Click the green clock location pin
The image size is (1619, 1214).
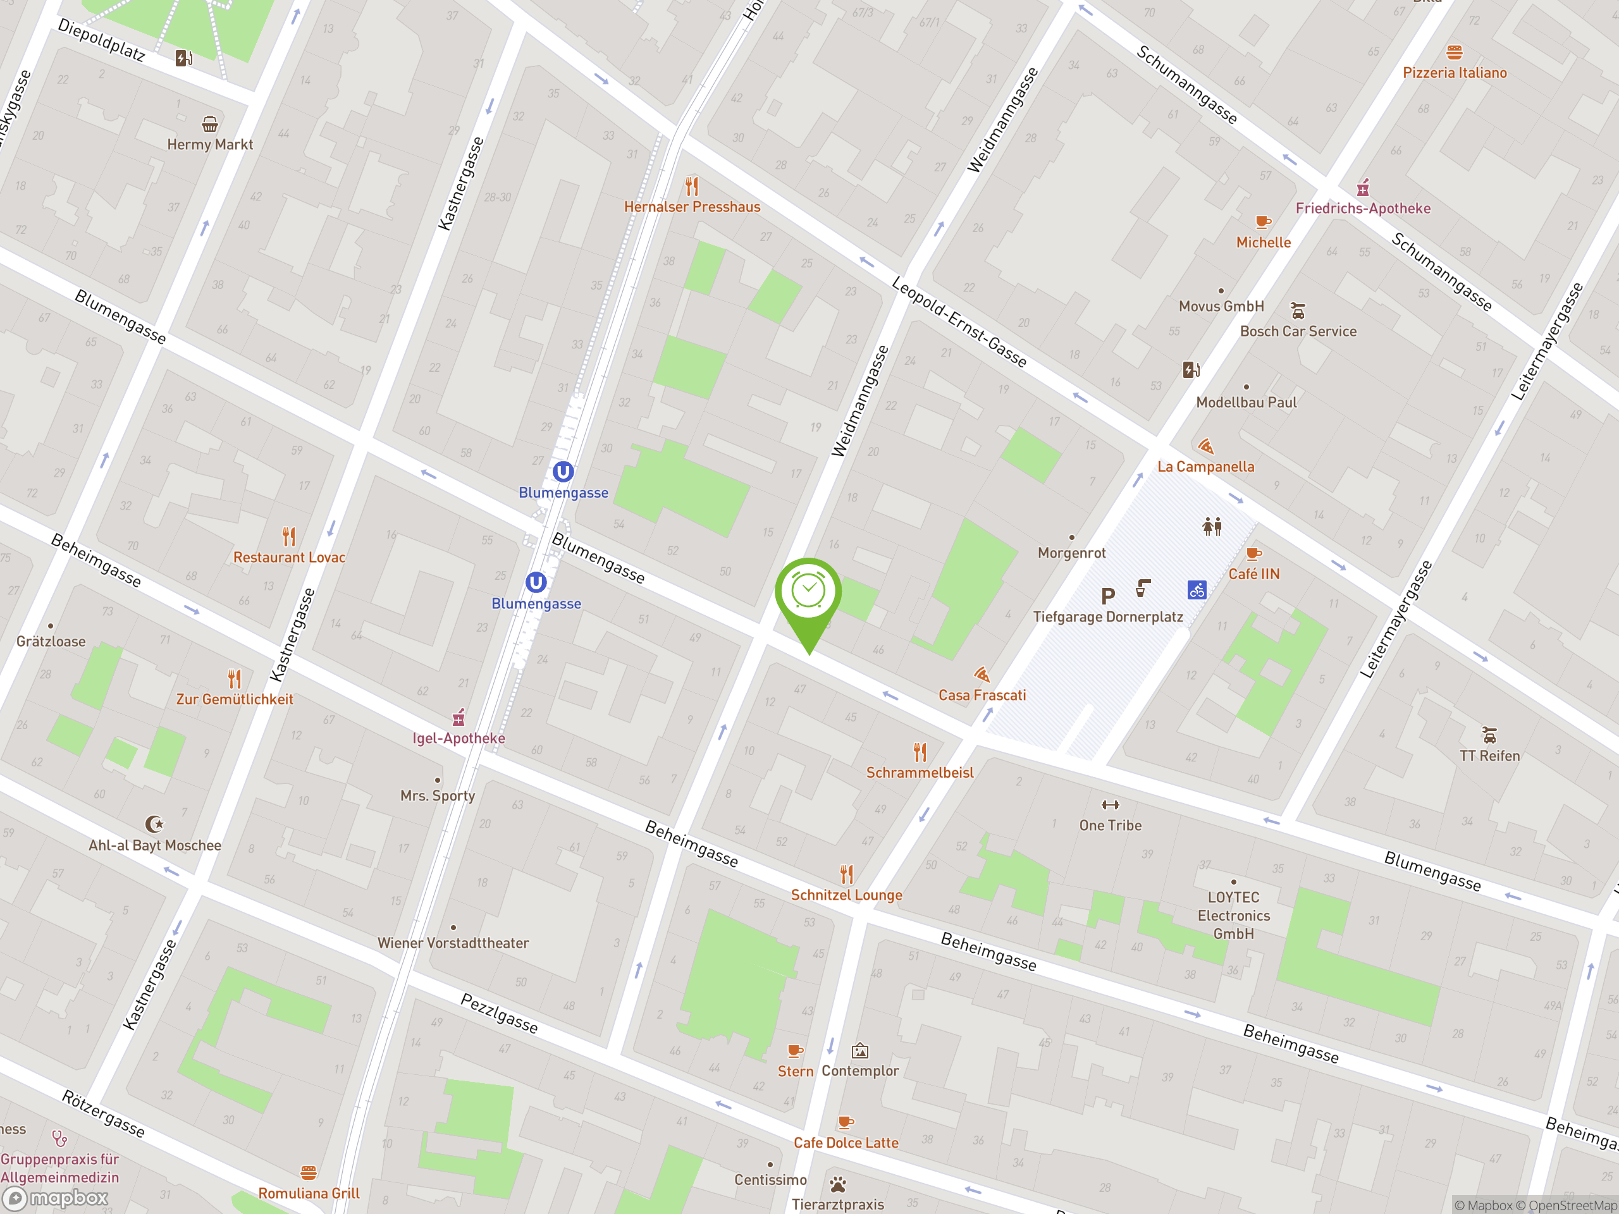[808, 592]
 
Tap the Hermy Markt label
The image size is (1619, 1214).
[210, 144]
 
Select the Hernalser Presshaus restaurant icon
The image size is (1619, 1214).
[692, 186]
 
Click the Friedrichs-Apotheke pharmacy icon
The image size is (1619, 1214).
[1363, 188]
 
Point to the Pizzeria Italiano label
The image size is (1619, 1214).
[1455, 73]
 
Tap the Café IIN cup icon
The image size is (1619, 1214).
[1253, 554]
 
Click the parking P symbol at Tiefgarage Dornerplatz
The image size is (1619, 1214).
[1108, 596]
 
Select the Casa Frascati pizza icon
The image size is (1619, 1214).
[982, 674]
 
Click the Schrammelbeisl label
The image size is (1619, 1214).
[920, 773]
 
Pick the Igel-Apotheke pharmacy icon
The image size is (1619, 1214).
[459, 717]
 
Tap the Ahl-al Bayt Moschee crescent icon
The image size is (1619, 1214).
[154, 825]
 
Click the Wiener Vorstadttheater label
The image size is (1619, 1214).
[453, 943]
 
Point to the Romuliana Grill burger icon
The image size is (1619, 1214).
[309, 1173]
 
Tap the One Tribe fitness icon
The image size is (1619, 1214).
[1111, 805]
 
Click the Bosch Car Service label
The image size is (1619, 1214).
[1298, 331]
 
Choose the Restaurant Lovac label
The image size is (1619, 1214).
[289, 558]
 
